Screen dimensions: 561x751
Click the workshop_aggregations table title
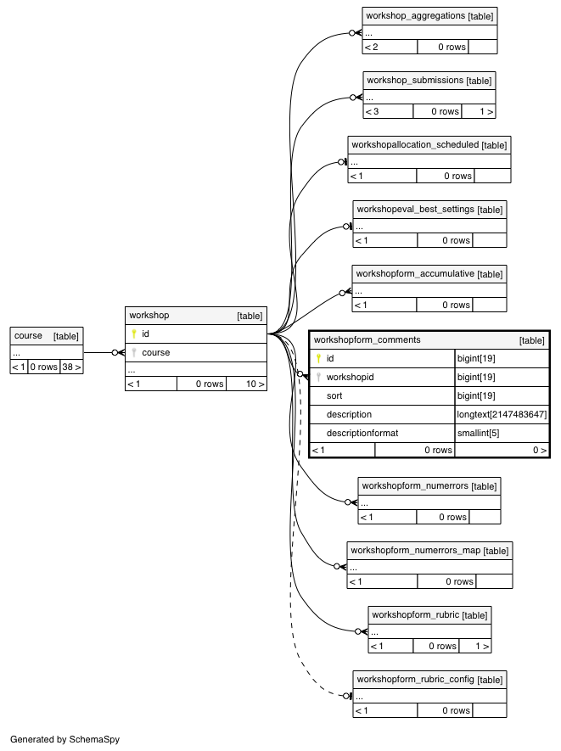415,16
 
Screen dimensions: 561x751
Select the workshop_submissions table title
415,81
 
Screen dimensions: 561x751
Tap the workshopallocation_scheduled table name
415,144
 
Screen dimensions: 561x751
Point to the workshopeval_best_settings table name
415,210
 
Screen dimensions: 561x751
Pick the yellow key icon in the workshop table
134,333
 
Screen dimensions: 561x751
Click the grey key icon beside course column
134,352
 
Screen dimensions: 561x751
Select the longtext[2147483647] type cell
502,414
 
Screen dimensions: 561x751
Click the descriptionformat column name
362,433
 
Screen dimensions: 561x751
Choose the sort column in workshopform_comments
334,395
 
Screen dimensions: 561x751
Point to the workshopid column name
351,377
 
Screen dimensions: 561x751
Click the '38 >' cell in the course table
71,367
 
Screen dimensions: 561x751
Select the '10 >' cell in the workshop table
246,384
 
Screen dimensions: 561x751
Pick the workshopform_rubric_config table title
415,679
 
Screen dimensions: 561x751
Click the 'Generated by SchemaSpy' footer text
65,739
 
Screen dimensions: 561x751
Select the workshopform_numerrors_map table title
415,551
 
